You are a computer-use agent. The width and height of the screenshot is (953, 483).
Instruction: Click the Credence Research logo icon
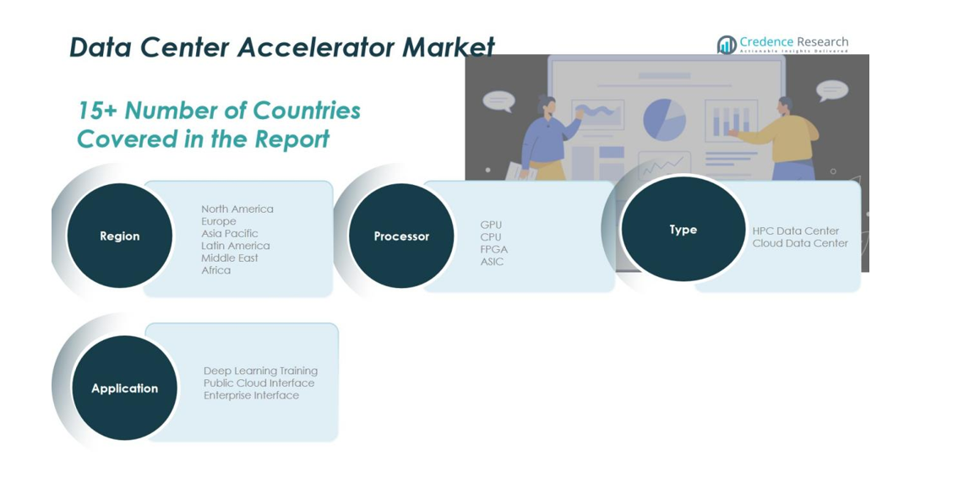[726, 45]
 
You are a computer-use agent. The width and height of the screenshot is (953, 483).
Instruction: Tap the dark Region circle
[119, 236]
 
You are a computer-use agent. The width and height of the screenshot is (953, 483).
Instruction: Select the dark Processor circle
[401, 236]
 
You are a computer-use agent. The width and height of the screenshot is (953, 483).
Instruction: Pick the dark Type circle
[683, 230]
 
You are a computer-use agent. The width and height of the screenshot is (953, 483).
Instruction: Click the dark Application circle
[125, 388]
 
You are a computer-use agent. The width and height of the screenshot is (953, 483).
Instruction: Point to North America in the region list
[237, 209]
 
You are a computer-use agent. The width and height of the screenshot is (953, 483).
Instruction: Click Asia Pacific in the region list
[229, 233]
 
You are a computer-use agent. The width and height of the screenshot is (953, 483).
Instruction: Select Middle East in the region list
[229, 258]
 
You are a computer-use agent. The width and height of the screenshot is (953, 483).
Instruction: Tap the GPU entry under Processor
[491, 225]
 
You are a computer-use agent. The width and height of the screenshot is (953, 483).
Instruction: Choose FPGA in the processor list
[493, 249]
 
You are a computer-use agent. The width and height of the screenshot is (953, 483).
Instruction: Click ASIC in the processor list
[492, 262]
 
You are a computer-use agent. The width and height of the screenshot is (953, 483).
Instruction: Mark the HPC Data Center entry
[795, 231]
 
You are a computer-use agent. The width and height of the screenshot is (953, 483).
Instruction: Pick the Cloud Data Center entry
[799, 243]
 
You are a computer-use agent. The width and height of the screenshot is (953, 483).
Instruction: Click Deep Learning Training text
[260, 371]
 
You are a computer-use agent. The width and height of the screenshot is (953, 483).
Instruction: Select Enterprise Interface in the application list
[251, 395]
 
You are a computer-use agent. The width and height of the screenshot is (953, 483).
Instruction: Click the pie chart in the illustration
[664, 120]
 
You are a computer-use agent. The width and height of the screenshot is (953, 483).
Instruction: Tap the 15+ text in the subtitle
[95, 111]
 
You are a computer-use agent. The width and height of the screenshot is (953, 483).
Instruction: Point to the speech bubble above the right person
[831, 90]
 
